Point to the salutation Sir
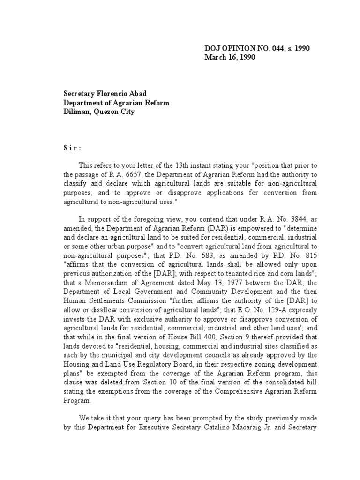73,149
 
